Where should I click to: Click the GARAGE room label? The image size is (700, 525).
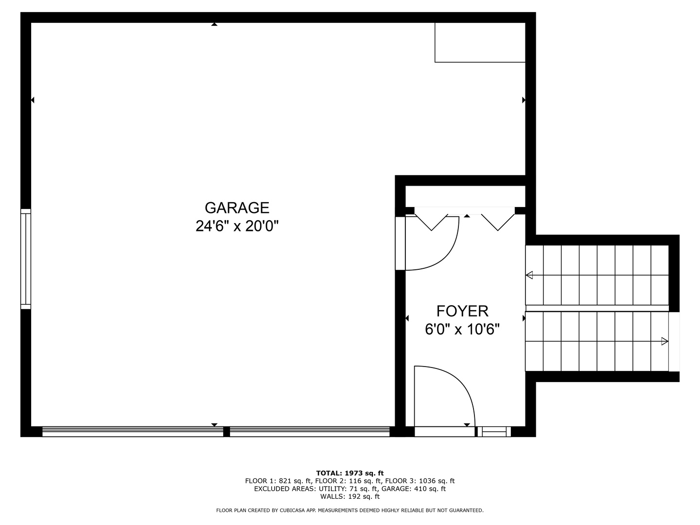pyautogui.click(x=237, y=208)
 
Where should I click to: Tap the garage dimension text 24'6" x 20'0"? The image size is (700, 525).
pyautogui.click(x=237, y=226)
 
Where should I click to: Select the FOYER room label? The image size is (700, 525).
pyautogui.click(x=462, y=311)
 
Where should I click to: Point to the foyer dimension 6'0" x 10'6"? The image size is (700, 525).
pyautogui.click(x=462, y=330)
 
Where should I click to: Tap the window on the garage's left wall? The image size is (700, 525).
pyautogui.click(x=25, y=259)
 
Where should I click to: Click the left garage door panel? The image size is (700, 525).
pyautogui.click(x=132, y=431)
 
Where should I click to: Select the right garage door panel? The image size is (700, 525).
pyautogui.click(x=310, y=431)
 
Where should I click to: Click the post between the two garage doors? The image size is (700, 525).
pyautogui.click(x=226, y=431)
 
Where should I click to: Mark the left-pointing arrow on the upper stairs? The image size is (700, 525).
pyautogui.click(x=529, y=275)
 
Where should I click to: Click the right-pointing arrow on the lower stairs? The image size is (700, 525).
pyautogui.click(x=665, y=342)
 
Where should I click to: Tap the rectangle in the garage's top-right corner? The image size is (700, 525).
pyautogui.click(x=480, y=42)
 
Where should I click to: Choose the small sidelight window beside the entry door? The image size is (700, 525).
pyautogui.click(x=494, y=431)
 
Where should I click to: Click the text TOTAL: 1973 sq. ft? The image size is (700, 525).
pyautogui.click(x=350, y=473)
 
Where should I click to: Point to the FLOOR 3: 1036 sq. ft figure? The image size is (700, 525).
pyautogui.click(x=420, y=481)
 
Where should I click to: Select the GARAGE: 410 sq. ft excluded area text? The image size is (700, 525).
pyautogui.click(x=413, y=489)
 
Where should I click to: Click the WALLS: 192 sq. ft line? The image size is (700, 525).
pyautogui.click(x=350, y=497)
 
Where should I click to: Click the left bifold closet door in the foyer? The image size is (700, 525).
pyautogui.click(x=431, y=219)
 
